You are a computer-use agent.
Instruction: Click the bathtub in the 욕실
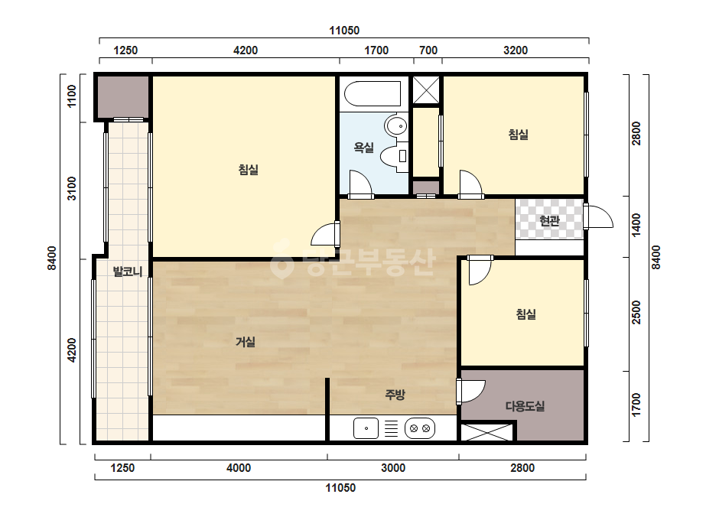click(x=373, y=93)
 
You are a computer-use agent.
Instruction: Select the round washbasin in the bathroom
click(x=397, y=125)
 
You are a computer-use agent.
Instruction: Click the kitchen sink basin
click(x=366, y=428)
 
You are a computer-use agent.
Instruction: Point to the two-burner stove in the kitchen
click(x=420, y=428)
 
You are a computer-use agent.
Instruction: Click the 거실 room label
click(x=246, y=343)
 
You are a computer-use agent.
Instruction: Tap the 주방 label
click(x=395, y=395)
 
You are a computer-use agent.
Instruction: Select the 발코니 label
click(x=128, y=272)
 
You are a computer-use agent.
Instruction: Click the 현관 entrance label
click(x=549, y=221)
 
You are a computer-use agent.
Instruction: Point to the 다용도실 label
click(x=525, y=406)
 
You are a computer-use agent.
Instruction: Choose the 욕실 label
click(x=363, y=148)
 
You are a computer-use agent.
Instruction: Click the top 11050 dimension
click(x=344, y=31)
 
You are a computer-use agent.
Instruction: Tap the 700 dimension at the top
click(x=428, y=50)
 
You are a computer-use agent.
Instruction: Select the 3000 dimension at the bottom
click(x=393, y=468)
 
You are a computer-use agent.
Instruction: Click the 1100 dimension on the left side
click(x=72, y=96)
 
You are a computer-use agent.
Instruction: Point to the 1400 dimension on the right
click(x=636, y=224)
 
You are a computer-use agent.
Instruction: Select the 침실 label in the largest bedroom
click(x=248, y=170)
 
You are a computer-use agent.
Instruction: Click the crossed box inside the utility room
click(x=487, y=432)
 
